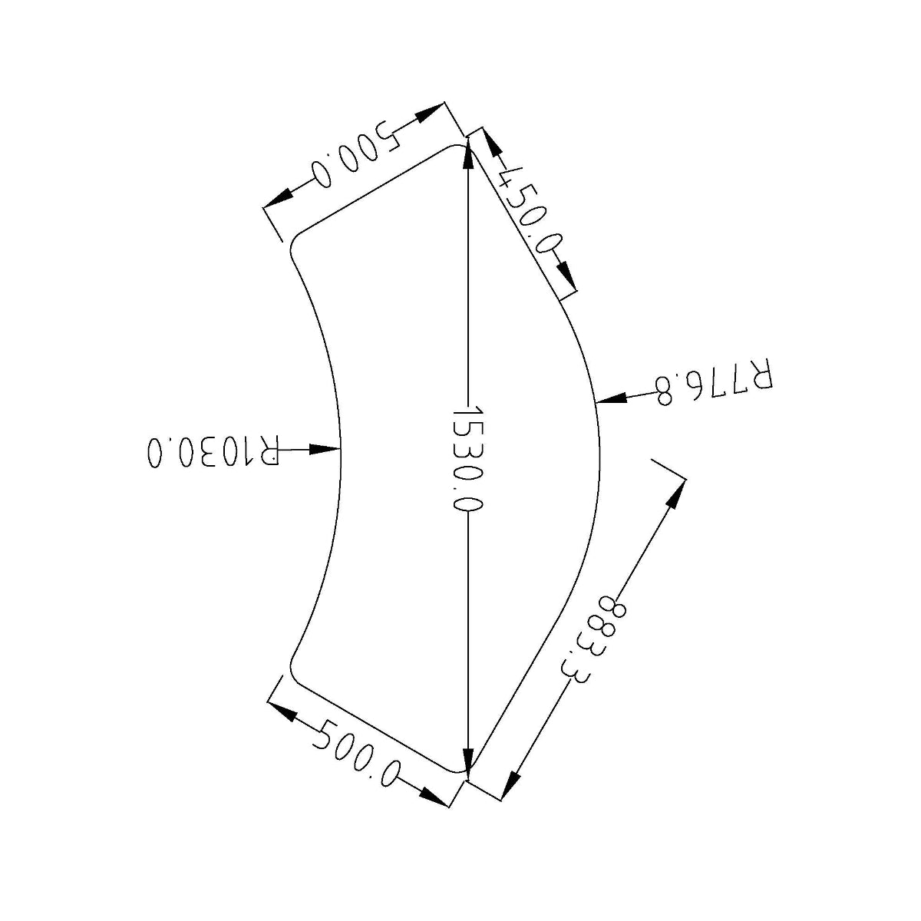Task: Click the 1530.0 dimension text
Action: [467, 458]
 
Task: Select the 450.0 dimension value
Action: [529, 209]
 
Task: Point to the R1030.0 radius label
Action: [212, 451]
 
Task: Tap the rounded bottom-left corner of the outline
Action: [296, 670]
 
